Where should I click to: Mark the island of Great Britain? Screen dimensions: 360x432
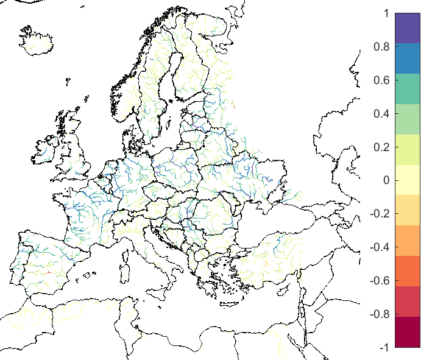(76, 152)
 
